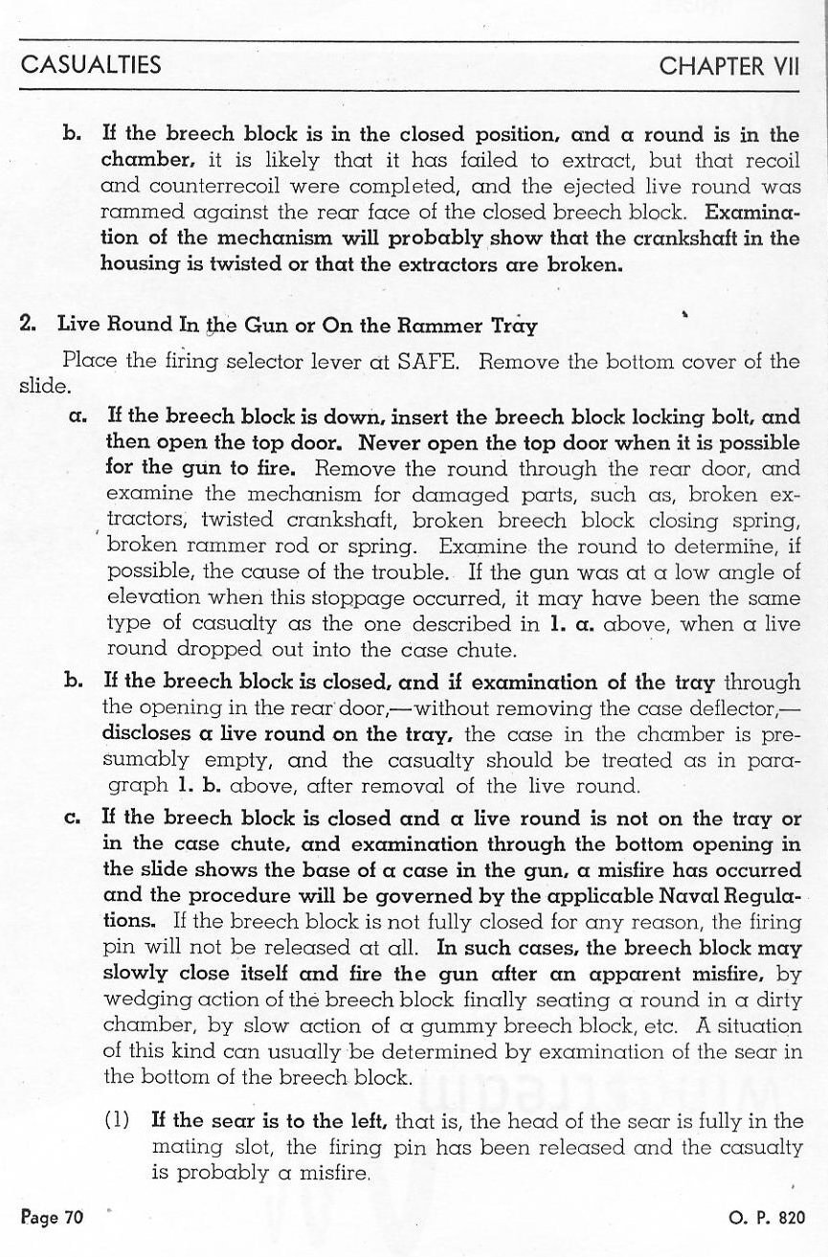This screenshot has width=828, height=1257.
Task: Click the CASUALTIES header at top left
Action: coord(91,65)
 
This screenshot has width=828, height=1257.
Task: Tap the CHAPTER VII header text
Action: coord(728,65)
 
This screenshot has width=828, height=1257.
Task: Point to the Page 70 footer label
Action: coord(53,1218)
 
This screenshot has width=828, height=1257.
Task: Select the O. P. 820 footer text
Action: coord(766,1218)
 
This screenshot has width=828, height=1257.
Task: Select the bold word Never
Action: coord(395,443)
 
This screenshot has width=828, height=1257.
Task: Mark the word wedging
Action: coord(140,1000)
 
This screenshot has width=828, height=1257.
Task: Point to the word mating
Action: coord(183,1147)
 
